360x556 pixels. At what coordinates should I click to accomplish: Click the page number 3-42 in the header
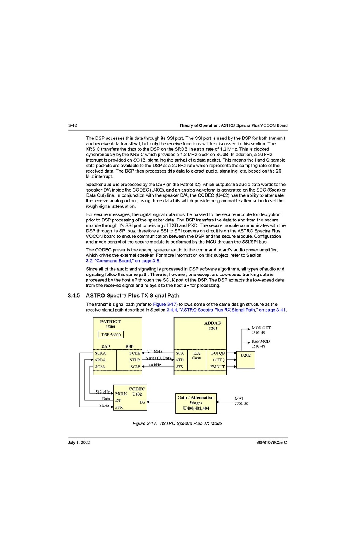coord(73,125)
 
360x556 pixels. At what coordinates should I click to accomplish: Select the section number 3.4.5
coord(74,296)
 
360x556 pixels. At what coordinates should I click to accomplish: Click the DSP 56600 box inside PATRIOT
coord(111,335)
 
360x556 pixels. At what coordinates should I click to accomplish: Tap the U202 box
coord(246,359)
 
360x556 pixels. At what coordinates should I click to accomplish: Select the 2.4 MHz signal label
coord(155,351)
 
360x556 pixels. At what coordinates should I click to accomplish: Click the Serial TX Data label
coord(158,358)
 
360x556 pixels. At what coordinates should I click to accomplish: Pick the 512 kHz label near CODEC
coord(102,392)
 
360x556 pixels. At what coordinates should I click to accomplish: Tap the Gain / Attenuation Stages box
coord(196,403)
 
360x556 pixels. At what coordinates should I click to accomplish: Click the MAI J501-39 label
coord(241,401)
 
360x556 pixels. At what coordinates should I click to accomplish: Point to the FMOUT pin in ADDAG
coord(217,367)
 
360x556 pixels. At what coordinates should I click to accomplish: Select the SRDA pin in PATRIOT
coord(100,360)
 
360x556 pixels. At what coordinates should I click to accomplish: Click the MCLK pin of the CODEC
coord(121,394)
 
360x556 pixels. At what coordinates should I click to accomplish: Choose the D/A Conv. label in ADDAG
coord(197,356)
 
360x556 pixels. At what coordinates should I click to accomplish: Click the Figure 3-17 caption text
coord(177,424)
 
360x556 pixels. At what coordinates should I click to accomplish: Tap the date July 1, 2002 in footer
coord(79,443)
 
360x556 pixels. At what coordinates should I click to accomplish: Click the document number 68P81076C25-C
coord(271,443)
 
